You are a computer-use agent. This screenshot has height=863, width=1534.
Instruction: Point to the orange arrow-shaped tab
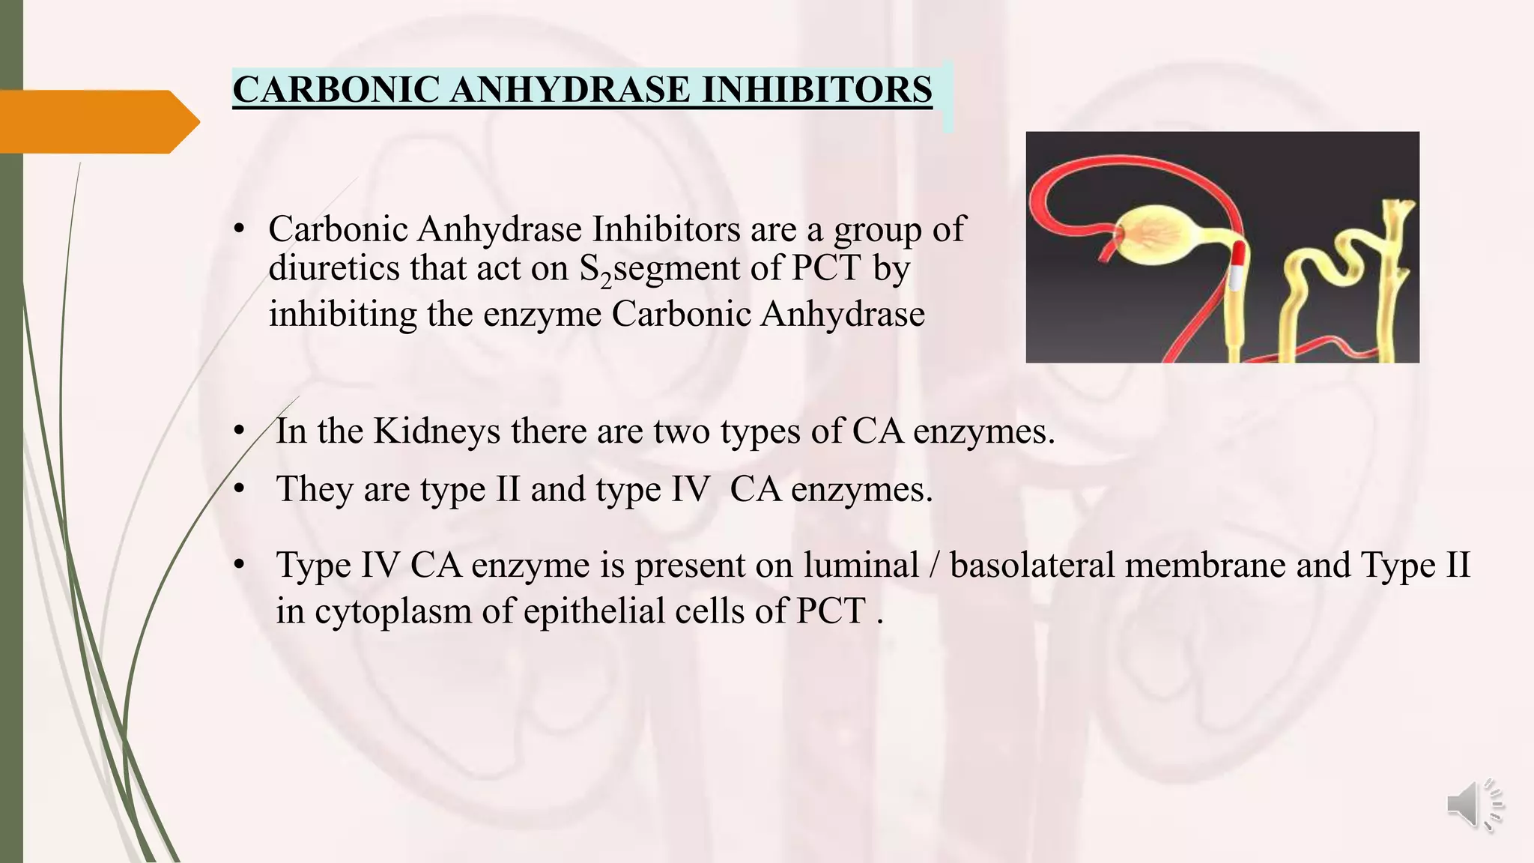(97, 121)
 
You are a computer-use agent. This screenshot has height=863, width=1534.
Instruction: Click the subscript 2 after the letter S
(606, 279)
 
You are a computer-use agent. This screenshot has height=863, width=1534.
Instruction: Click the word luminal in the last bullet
(861, 564)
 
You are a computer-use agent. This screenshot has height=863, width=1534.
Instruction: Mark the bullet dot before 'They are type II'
(239, 489)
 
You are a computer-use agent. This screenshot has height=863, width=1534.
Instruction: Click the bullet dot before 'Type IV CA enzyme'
(239, 564)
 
